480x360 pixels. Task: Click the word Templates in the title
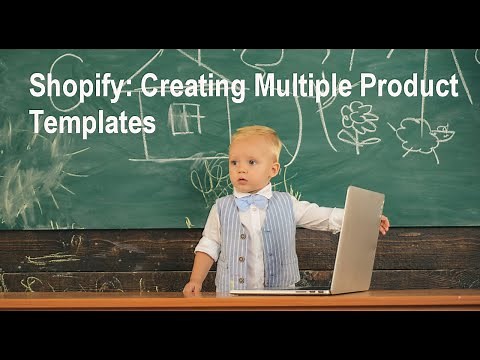93,122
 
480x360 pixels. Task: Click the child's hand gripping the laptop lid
383,225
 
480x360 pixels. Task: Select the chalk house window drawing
185,120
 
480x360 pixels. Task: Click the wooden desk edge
240,300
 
